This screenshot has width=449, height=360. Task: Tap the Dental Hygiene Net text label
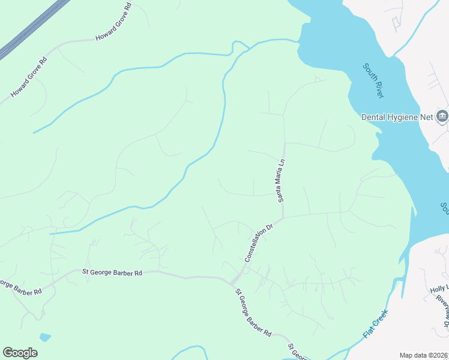[x=397, y=117]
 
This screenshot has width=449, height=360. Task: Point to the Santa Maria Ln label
[x=280, y=179]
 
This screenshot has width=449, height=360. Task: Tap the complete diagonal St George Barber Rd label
[x=253, y=312]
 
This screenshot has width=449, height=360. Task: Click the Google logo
[x=20, y=353]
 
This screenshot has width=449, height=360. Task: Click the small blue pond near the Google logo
[x=44, y=337]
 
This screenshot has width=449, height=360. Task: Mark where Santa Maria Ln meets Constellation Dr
[x=283, y=217]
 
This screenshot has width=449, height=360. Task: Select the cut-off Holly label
[x=439, y=289]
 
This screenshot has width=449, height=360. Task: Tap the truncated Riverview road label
[x=443, y=310]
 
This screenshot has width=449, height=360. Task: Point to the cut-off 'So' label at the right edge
[x=444, y=209]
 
